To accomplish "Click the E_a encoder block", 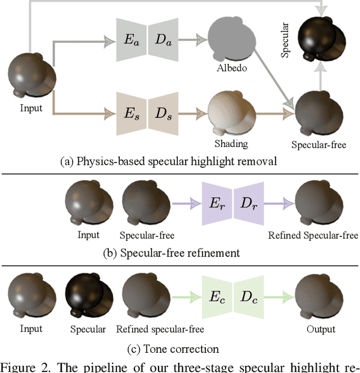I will click(130, 39).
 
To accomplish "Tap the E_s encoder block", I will click(130, 114).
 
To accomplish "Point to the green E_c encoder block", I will click(217, 298).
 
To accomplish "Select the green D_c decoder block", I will click(249, 298).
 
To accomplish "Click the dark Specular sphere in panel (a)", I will click(321, 37).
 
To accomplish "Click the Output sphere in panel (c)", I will click(321, 298).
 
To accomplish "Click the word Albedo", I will click(232, 69).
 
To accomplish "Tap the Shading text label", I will click(231, 144).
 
